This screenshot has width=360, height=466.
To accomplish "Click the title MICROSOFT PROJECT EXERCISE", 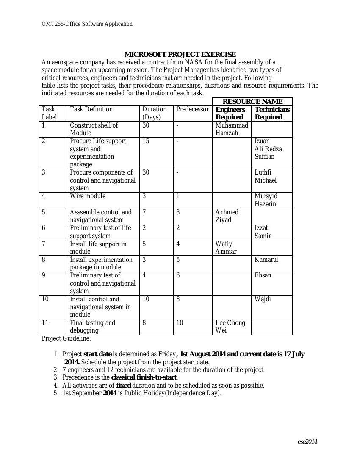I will pos(180,54).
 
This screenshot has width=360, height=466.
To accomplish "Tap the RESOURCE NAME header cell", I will pos(252,101).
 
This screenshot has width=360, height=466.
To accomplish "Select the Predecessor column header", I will pos(192,109).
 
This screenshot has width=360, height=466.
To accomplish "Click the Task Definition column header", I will pos(91,109).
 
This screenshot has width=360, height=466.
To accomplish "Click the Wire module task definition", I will pos(88,196).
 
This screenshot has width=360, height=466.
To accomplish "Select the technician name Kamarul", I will pos(266,260).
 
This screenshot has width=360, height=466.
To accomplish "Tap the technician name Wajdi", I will pos(263,299).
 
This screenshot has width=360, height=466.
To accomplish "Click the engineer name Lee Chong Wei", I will pos(230,327).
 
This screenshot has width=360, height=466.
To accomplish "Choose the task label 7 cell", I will pos(44,244).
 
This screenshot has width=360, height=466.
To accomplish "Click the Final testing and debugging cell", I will pos(92,327).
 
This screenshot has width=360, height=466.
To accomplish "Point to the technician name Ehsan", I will pos(263,275).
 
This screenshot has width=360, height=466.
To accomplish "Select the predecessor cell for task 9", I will pos(178,275).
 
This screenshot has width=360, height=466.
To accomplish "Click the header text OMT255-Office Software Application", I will pos(87,24).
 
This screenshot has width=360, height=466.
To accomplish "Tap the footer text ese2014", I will pos(307,441).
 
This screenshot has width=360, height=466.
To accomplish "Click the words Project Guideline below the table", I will pos(66,338).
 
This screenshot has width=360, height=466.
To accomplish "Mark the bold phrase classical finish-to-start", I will pos(144,377).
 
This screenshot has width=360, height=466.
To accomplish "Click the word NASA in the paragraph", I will pos(194,62).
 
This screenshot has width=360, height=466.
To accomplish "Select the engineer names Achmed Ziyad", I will pos(227,216).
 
